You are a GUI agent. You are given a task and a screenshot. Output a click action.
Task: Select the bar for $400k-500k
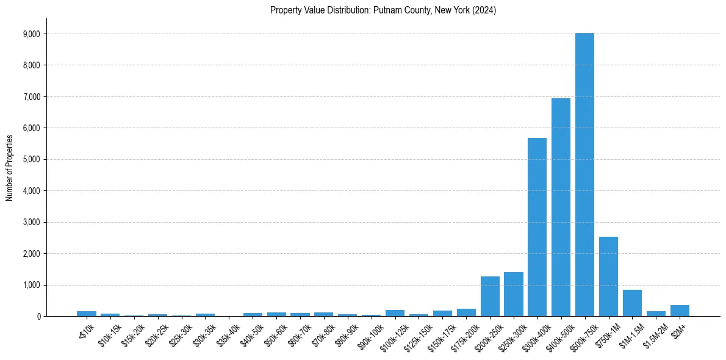click(561, 207)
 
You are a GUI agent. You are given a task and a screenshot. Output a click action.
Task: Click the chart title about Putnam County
click(383, 10)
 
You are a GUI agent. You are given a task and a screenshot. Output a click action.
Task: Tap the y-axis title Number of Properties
click(9, 167)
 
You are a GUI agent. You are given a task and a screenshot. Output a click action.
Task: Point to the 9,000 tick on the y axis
click(31, 34)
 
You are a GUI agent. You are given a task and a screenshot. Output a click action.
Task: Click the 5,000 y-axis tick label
click(31, 159)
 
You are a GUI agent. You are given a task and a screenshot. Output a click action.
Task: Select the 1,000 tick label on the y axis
click(31, 285)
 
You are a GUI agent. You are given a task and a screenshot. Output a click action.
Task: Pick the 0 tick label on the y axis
click(38, 317)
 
